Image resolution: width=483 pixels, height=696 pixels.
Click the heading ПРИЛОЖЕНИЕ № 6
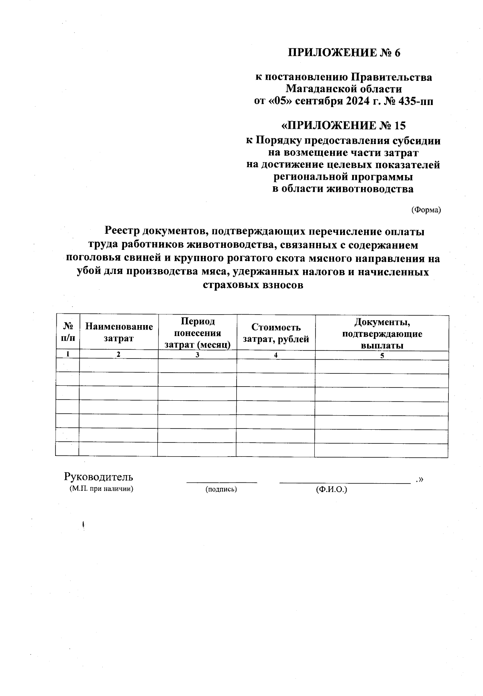[344, 53]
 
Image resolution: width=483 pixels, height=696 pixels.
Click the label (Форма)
[426, 210]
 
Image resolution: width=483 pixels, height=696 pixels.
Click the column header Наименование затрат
[119, 332]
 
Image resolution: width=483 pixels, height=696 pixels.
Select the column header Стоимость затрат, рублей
[276, 333]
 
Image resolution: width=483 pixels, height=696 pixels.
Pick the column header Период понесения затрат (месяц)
[197, 333]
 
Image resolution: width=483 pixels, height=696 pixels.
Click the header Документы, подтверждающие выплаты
[382, 334]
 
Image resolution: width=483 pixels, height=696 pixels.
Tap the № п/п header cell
[68, 332]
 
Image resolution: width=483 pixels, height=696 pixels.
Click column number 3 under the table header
[197, 355]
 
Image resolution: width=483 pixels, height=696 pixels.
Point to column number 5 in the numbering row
[382, 355]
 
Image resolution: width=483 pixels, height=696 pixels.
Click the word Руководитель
[99, 477]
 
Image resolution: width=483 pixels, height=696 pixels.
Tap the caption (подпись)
[221, 489]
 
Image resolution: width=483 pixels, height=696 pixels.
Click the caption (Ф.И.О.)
[332, 489]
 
